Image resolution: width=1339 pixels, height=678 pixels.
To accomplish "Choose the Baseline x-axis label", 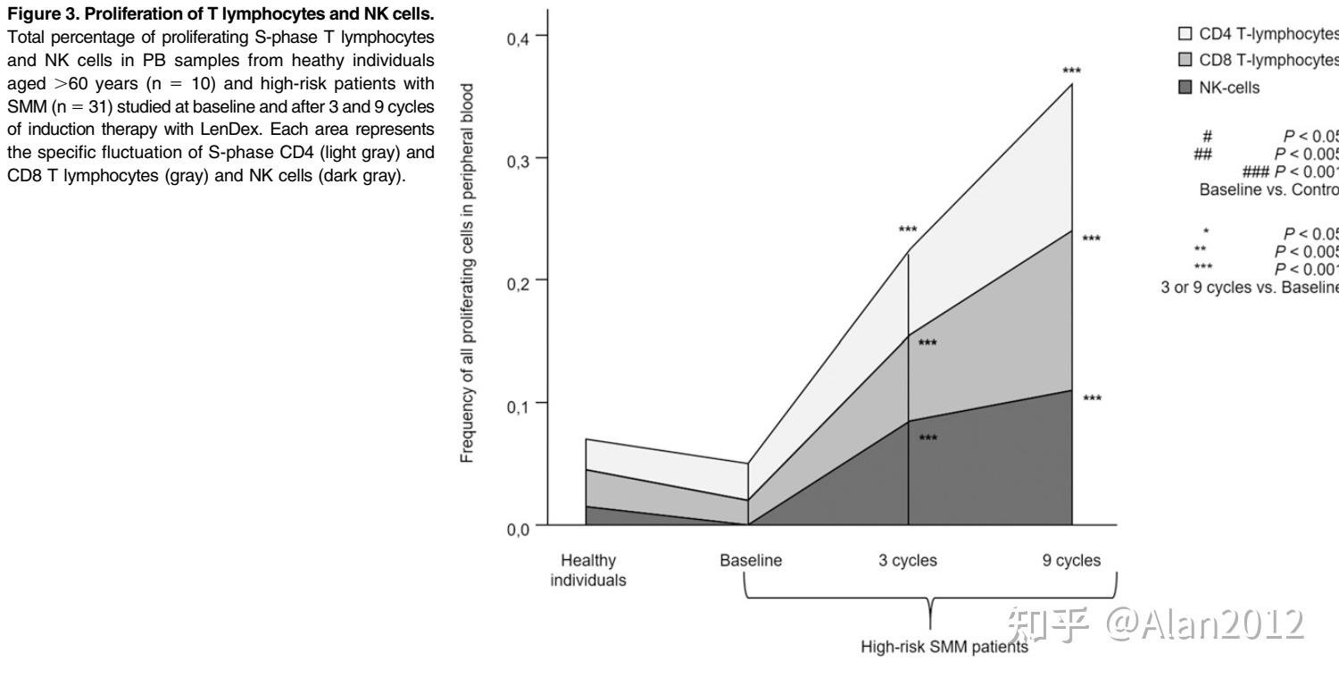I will pyautogui.click(x=751, y=561).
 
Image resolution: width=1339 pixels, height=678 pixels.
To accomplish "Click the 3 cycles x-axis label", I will pyautogui.click(x=908, y=561).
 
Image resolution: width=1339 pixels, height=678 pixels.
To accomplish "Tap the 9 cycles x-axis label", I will pyautogui.click(x=1071, y=561).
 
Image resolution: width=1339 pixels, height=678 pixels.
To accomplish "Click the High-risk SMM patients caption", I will pyautogui.click(x=944, y=647).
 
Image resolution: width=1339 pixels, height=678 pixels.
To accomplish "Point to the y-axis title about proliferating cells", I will pyautogui.click(x=468, y=280).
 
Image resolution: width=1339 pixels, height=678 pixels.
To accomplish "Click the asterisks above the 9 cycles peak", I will pyautogui.click(x=1071, y=71).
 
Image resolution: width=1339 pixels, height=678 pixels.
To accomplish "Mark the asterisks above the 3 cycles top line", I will pyautogui.click(x=908, y=230).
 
